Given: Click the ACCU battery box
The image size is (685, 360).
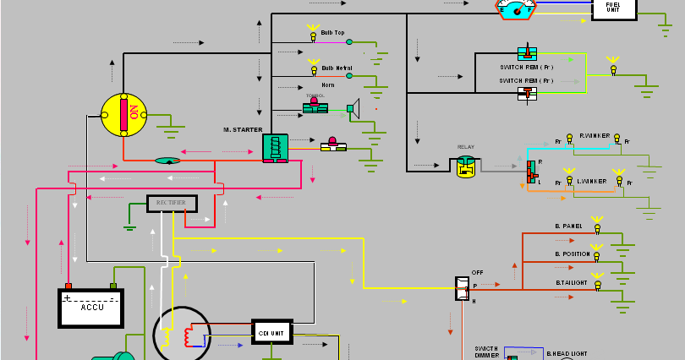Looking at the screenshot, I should tap(91, 308).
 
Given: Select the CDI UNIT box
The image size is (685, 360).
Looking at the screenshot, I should tap(272, 331).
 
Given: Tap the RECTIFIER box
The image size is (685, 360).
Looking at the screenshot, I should tap(172, 203).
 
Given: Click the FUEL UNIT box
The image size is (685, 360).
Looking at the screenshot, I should tap(612, 8).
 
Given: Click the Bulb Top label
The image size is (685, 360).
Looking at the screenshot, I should tap(332, 33).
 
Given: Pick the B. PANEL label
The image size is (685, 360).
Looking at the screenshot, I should tap(569, 226).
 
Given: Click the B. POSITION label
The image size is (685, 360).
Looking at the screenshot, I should tap(573, 254).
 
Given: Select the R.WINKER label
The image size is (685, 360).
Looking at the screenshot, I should tap(594, 135).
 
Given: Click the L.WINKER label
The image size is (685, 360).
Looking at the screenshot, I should tap(592, 181).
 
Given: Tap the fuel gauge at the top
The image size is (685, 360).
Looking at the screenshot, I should tap(516, 8).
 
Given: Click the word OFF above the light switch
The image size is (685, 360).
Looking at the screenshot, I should tap(477, 272).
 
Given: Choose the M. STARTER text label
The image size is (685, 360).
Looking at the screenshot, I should tap(243, 129).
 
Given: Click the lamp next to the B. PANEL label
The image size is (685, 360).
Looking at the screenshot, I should tap(597, 226).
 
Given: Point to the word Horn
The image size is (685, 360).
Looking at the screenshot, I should tap(327, 85).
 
